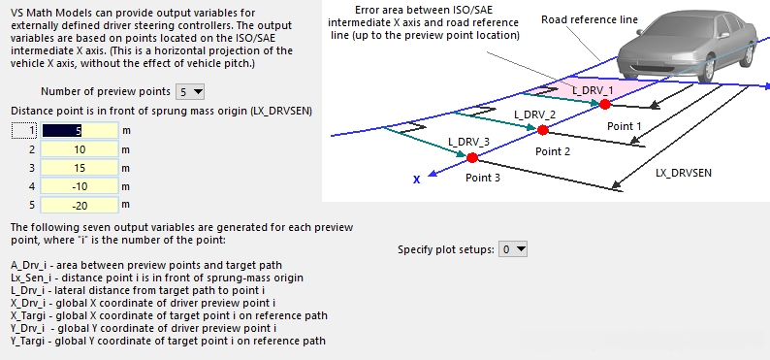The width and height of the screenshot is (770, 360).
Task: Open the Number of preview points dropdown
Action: click(189, 91)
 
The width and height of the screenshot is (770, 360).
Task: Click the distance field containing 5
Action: click(80, 130)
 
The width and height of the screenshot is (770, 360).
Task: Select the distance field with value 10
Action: click(80, 148)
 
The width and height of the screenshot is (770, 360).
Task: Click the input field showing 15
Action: click(80, 168)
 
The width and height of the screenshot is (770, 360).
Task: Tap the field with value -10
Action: click(80, 186)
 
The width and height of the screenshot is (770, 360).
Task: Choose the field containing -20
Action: click(80, 205)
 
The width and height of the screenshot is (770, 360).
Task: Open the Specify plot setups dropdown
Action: click(513, 249)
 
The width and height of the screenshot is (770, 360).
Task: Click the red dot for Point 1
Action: click(604, 104)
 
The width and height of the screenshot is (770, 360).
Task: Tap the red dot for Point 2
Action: click(542, 130)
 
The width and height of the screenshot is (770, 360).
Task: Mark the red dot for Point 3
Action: click(472, 157)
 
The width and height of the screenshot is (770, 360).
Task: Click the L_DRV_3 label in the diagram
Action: click(468, 142)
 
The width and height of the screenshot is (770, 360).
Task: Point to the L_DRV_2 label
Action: click(534, 115)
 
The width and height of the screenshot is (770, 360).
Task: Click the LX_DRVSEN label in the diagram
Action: click(684, 173)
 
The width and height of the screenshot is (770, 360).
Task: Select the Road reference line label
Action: click(590, 19)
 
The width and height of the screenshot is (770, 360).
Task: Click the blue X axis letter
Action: click(416, 180)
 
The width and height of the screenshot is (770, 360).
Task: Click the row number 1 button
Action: click(24, 131)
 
